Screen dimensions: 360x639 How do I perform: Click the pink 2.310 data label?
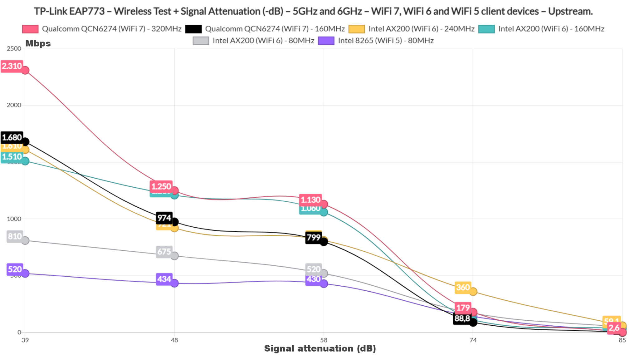coord(12,66)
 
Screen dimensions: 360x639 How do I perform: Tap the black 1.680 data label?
coord(12,137)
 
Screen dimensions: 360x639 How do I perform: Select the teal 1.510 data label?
coord(12,157)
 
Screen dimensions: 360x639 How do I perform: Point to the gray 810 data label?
coord(15,236)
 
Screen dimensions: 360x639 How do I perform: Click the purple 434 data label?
coord(164,279)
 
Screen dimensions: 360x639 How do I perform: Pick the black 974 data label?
coord(164,218)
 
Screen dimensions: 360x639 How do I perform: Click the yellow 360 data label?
coord(463,287)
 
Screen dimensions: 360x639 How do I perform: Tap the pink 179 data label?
coord(463,308)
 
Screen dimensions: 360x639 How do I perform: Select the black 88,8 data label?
coord(462,318)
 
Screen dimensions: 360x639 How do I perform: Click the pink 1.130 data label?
coord(310,200)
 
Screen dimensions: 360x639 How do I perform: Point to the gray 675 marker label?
coord(164,252)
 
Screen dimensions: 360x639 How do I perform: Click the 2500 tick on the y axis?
coord(14,49)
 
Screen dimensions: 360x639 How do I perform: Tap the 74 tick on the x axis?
coord(473,340)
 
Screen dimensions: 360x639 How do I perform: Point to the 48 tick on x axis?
coord(174,340)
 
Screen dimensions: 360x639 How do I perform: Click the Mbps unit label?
coord(38,43)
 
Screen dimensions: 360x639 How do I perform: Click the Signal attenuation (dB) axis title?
coord(320,348)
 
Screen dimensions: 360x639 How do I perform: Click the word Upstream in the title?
coord(570,12)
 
